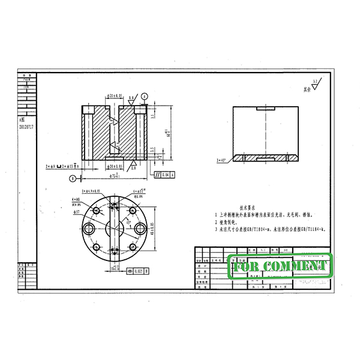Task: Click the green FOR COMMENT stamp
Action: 281,266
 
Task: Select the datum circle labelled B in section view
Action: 73,178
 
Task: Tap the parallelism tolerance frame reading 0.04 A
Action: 164,175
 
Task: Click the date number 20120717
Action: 27,128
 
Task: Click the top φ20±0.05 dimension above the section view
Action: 115,95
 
